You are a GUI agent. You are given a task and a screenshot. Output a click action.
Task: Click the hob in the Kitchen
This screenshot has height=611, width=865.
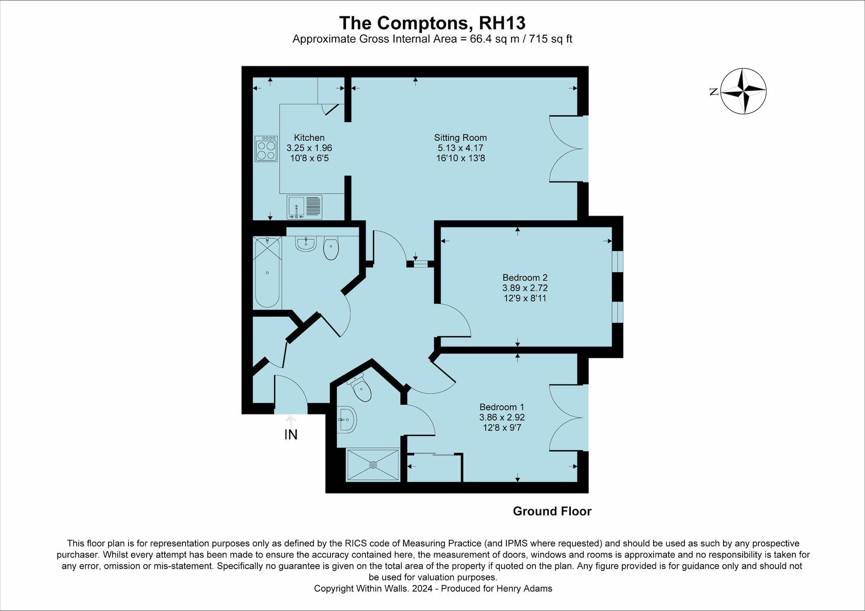(x=266, y=149)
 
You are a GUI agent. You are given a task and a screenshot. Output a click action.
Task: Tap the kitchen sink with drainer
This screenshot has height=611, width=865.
(x=304, y=207)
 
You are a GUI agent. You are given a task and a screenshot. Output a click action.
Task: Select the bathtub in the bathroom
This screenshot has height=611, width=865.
(x=267, y=273)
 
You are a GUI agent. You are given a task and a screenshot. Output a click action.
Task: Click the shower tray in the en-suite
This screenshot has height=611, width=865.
(x=373, y=465)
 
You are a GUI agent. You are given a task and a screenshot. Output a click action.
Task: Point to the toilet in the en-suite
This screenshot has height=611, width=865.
(x=360, y=388)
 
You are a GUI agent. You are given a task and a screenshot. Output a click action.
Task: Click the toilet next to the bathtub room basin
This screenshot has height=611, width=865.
(x=331, y=249)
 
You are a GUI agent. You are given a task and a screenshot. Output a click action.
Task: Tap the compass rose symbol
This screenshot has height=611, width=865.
(x=743, y=91)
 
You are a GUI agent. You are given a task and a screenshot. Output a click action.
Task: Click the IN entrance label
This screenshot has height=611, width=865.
(x=291, y=435)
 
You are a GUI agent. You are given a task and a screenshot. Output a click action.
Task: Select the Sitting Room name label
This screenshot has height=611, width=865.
(x=460, y=138)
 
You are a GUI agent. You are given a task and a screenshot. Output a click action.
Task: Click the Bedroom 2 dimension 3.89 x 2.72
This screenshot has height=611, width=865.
(x=525, y=288)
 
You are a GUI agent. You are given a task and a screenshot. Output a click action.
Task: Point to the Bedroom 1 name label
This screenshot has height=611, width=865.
(x=502, y=407)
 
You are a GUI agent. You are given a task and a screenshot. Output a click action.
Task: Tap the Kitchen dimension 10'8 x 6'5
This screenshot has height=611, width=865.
(x=309, y=158)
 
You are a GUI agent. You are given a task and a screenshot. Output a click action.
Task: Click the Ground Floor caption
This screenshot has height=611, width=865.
(x=552, y=511)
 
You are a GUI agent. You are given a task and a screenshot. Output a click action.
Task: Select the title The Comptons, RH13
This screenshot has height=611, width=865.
(x=432, y=22)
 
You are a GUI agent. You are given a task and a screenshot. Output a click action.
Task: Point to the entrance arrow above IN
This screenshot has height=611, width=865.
(x=291, y=420)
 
